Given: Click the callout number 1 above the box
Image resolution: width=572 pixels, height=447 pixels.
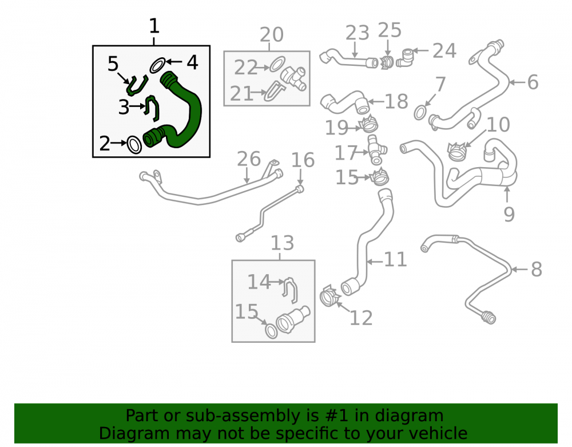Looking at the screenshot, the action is coord(154,26).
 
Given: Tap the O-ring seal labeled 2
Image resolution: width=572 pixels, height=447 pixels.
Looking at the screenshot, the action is coord(134,145).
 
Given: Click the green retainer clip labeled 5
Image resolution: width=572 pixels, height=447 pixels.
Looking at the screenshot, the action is coord(137,86).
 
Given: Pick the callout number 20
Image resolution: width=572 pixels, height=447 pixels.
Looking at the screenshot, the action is coord(271,35).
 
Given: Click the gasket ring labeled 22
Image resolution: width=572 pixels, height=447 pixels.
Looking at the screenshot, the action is coord(277,64).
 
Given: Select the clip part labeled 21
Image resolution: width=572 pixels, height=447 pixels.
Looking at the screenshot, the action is coord(273,91).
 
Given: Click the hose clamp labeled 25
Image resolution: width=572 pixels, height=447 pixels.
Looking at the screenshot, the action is coord(387,62).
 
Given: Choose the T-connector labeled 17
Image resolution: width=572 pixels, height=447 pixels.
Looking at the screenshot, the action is coord(376,150).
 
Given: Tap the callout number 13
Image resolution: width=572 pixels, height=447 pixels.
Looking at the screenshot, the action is coord(283,243).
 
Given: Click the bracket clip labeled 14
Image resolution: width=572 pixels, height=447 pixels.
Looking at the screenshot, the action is coord(291,290).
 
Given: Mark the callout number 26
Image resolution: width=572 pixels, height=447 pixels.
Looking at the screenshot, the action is coord(249,159).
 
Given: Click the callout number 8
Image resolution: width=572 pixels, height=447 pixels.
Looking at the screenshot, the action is coord(537,270).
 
